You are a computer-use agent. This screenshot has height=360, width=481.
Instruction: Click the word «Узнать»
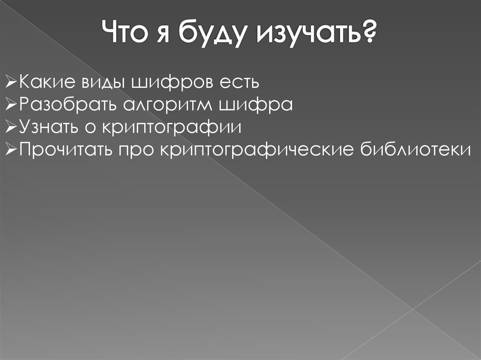[47, 127]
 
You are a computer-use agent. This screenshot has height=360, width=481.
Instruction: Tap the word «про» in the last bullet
[137, 149]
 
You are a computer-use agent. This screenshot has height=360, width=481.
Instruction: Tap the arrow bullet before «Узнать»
[12, 127]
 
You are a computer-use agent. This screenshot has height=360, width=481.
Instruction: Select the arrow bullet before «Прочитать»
[12, 149]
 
